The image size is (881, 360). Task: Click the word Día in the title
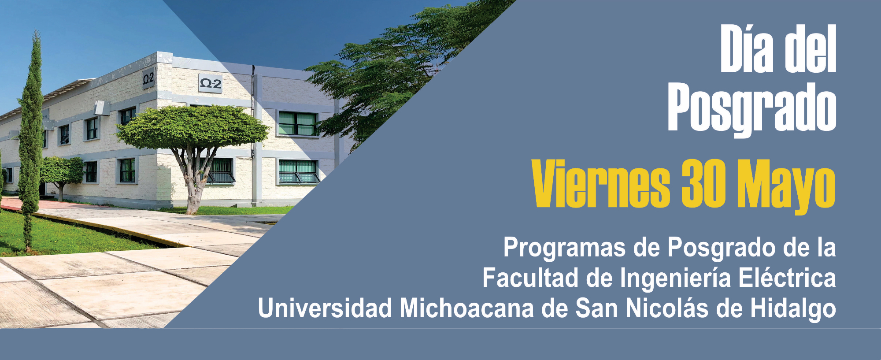[747, 48]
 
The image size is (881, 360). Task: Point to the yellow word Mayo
[786, 186]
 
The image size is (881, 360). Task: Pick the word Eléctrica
[787, 278]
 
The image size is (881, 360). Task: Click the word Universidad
[325, 308]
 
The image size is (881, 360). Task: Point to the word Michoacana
[467, 308]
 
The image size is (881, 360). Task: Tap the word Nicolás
[667, 308]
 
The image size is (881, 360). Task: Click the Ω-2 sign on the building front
[210, 83]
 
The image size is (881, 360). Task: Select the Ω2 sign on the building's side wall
[148, 79]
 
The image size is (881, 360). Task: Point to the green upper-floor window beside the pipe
[297, 123]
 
